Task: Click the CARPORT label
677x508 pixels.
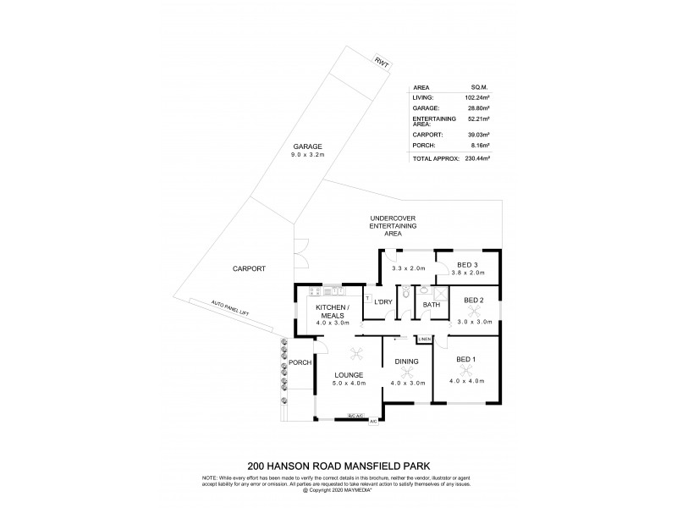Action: point(249,268)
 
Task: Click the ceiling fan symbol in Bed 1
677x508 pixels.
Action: point(466,371)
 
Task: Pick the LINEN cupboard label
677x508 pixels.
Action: point(425,340)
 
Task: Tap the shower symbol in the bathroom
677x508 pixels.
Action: point(441,294)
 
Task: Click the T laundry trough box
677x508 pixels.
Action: point(367,298)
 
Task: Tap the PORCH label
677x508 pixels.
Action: point(300,363)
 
